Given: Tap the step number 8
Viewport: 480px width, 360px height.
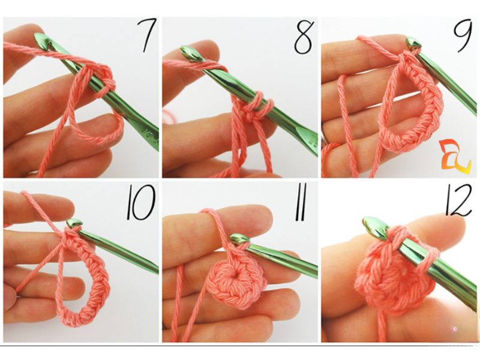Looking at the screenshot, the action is click(304, 37).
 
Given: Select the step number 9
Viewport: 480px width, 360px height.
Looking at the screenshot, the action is click(463, 36).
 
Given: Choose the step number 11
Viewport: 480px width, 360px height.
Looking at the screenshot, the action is click(300, 204).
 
